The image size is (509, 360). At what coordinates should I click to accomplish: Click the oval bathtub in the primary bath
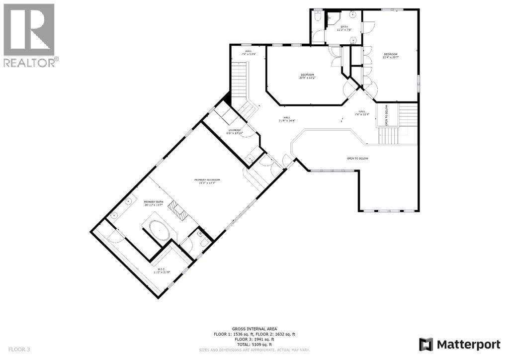tap(160, 232)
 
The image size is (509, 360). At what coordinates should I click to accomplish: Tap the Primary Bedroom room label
tap(207, 180)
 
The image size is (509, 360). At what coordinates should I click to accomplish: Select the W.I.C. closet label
tap(162, 270)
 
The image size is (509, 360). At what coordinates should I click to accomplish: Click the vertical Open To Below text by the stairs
tap(386, 115)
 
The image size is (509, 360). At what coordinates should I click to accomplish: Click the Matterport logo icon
tap(426, 344)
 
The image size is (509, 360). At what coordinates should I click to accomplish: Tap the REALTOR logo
tap(30, 35)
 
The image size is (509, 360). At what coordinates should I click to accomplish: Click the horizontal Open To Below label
tap(357, 158)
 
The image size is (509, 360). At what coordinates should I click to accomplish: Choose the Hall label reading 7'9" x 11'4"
tap(361, 112)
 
